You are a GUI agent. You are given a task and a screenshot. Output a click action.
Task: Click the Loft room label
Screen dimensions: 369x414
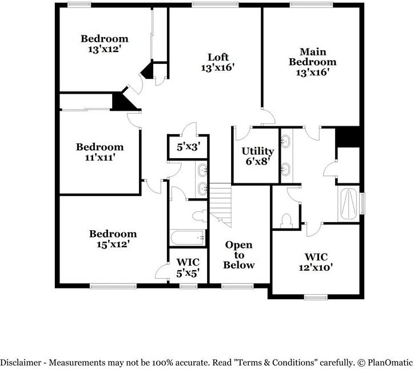218,62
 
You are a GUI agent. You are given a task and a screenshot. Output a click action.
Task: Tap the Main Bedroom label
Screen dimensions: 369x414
312,62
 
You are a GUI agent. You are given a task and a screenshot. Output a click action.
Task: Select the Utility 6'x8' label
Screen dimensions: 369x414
257,156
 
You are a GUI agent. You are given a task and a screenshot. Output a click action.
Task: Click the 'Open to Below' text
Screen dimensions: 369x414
238,255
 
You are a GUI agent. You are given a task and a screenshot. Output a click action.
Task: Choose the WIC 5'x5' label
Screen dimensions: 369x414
187,267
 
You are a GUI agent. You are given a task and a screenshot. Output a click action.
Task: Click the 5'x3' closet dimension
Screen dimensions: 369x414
188,147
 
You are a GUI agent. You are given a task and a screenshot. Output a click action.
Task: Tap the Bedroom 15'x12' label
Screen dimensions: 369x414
113,239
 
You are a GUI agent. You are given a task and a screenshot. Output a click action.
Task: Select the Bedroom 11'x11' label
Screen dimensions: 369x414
99,152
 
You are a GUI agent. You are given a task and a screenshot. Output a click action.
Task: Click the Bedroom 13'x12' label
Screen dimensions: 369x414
104,44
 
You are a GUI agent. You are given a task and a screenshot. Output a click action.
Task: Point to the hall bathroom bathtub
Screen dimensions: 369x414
186,236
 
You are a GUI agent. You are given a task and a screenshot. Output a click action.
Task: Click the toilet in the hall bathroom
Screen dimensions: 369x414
198,215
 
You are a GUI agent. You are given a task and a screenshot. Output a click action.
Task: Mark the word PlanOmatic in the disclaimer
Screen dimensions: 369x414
389,363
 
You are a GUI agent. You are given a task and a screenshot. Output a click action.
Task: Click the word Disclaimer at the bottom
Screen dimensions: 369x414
21,363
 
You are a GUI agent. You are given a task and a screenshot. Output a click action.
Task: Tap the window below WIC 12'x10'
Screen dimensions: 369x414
313,296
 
